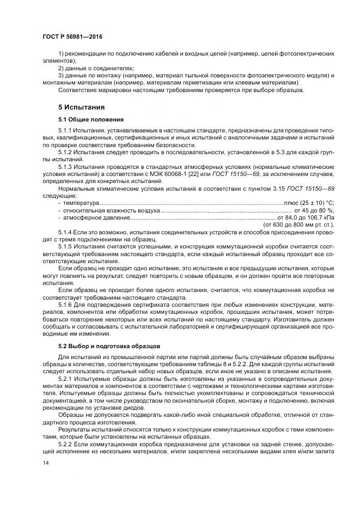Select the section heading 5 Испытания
click(81, 107)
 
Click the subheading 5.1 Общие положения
click(91, 119)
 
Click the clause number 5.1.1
click(66, 131)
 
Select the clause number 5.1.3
click(66, 167)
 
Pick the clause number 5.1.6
click(66, 304)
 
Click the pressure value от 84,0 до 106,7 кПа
click(306, 217)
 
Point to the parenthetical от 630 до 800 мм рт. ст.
click(299, 224)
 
